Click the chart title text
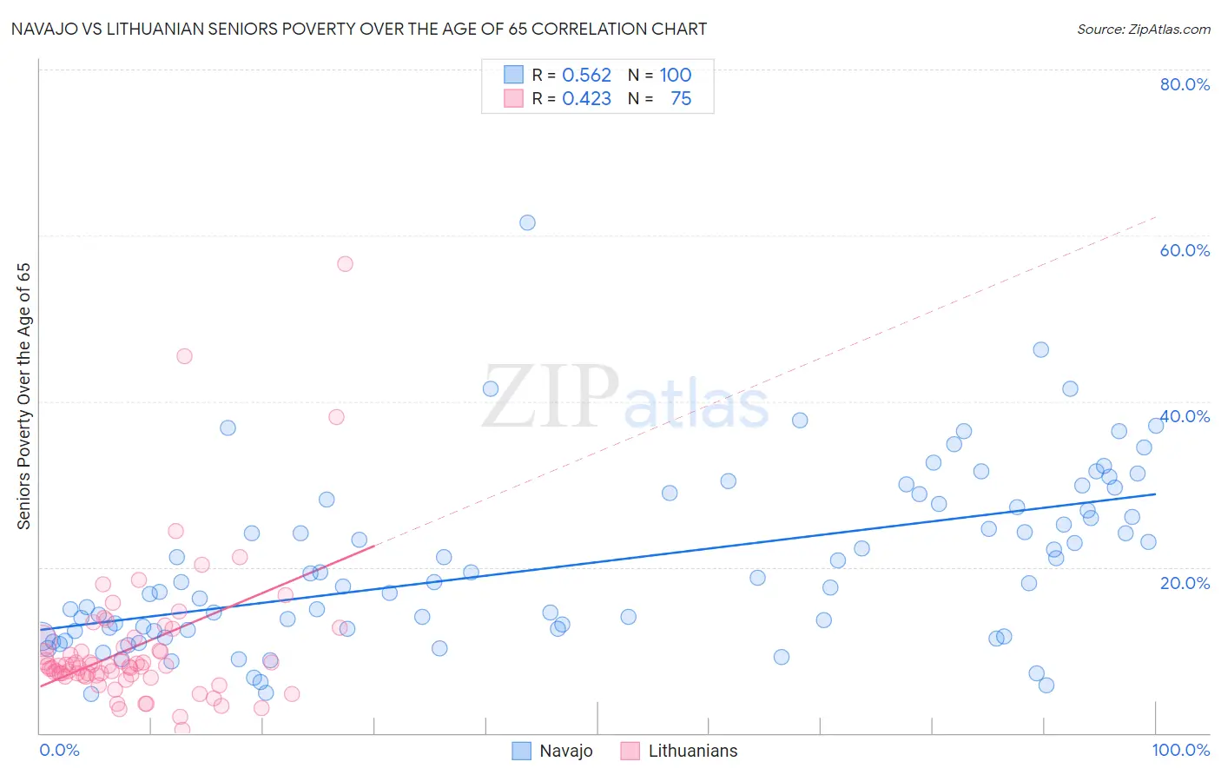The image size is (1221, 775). (360, 29)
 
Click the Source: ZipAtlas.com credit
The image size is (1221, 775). (1143, 29)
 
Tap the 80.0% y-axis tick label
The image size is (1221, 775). (1185, 84)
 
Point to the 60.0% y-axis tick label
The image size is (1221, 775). (1185, 250)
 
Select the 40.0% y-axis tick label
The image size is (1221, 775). (1185, 416)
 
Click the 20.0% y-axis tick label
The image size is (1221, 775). (1185, 583)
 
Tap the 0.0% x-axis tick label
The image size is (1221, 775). (59, 750)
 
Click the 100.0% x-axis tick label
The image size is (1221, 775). (1180, 750)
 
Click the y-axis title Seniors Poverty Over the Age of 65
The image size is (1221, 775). (23, 396)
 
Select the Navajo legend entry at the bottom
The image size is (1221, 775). (552, 751)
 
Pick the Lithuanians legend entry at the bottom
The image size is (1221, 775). (680, 751)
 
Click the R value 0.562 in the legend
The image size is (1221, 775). (586, 75)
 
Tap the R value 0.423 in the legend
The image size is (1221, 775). (586, 99)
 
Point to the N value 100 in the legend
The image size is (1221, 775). (675, 75)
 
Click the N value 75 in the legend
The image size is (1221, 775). (681, 99)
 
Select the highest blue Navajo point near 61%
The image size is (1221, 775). (527, 222)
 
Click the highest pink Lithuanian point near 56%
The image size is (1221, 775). (345, 264)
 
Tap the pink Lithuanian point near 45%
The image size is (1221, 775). (184, 356)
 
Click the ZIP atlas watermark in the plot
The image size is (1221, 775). (625, 398)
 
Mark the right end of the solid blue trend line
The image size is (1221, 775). (1155, 493)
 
